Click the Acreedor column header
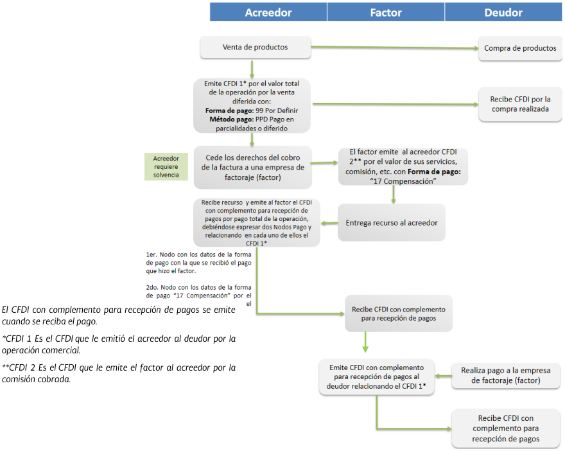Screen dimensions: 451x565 pos(268,12)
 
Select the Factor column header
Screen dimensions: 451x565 pos(386,12)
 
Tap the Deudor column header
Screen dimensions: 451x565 pos(503,12)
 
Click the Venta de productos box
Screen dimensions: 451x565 pos(255,48)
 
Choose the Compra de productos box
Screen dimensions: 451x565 pos(521,48)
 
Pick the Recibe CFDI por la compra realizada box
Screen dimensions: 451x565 pos(521,104)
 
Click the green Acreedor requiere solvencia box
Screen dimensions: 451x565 pos(166,166)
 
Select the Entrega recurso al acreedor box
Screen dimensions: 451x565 pos(391,223)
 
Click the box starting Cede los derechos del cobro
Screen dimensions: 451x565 pos(252,168)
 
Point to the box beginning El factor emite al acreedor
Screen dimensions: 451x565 pos(403,166)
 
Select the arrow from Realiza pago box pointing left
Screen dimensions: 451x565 pos(442,375)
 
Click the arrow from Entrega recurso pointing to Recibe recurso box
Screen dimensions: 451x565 pos(328,223)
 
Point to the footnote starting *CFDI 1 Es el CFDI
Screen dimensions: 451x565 pos(119,343)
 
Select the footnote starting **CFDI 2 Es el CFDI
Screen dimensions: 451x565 pos(119,373)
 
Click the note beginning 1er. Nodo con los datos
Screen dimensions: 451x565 pos(199,263)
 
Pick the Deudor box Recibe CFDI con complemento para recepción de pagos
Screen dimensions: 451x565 pos(507,429)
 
